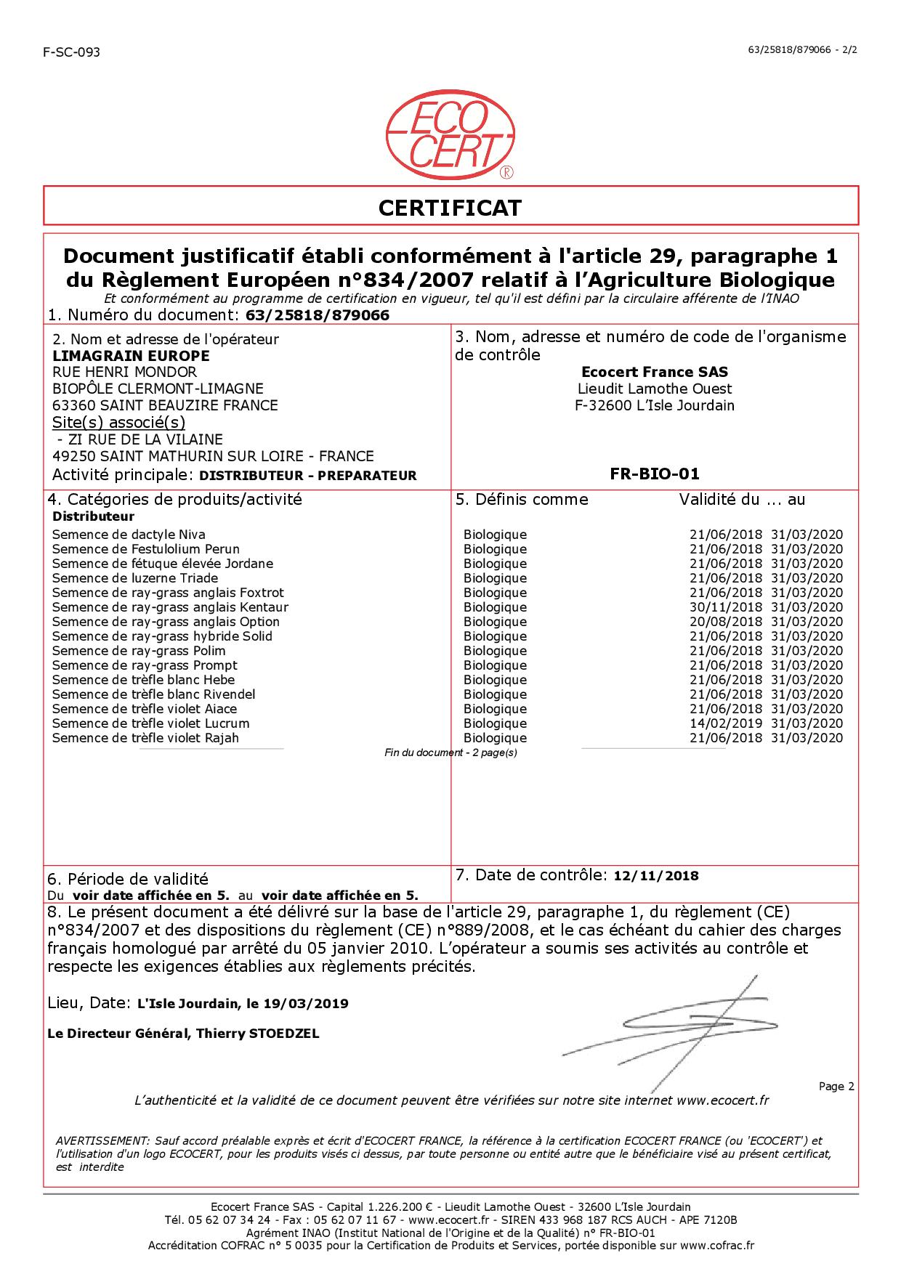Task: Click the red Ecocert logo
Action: (x=450, y=138)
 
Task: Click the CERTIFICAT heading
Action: (x=450, y=208)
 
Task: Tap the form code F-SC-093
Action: (x=71, y=52)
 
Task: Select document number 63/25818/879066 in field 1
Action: (x=318, y=315)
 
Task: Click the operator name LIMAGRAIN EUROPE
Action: (x=131, y=356)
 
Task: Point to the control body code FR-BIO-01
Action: (x=654, y=474)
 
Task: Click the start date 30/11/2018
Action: (x=725, y=607)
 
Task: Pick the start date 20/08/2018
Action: (x=725, y=622)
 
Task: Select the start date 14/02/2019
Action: (x=725, y=723)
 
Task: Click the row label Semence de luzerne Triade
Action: (x=135, y=578)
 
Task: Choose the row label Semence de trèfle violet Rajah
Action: (x=145, y=738)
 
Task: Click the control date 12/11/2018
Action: (x=656, y=876)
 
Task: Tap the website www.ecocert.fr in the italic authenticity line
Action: (x=722, y=1100)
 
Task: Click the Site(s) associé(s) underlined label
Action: (x=118, y=423)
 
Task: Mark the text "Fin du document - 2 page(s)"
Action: (x=450, y=752)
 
